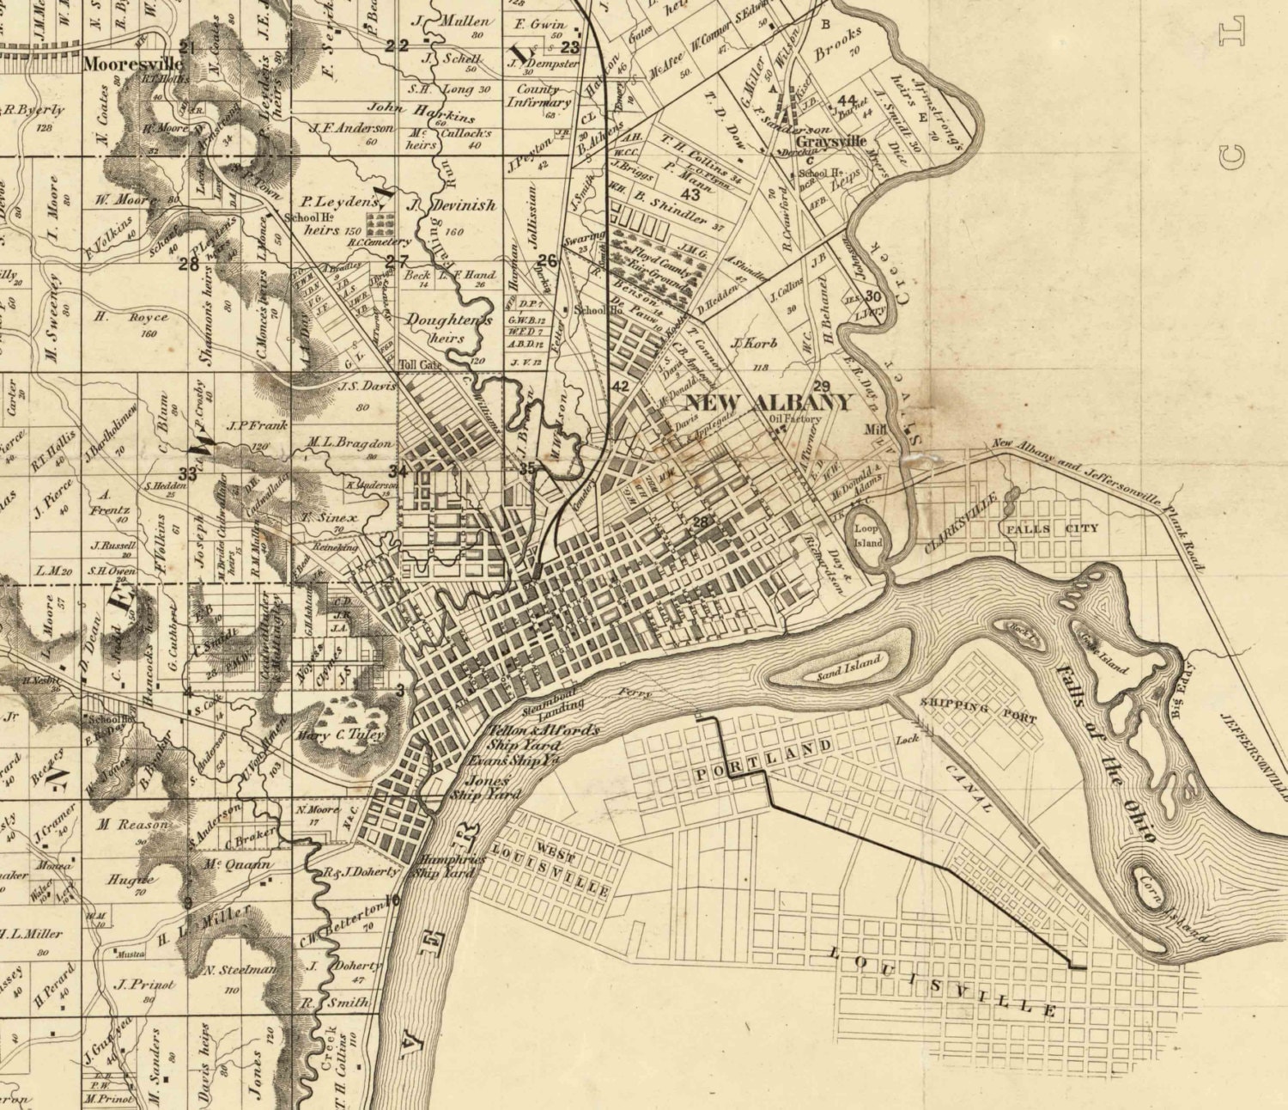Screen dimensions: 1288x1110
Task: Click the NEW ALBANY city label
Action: coord(768,402)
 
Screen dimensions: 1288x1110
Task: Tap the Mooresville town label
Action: coord(133,64)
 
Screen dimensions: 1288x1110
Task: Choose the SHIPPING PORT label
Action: coord(978,710)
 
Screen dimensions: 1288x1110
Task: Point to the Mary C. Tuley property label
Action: coord(341,735)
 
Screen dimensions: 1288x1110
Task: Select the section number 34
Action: coord(397,471)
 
